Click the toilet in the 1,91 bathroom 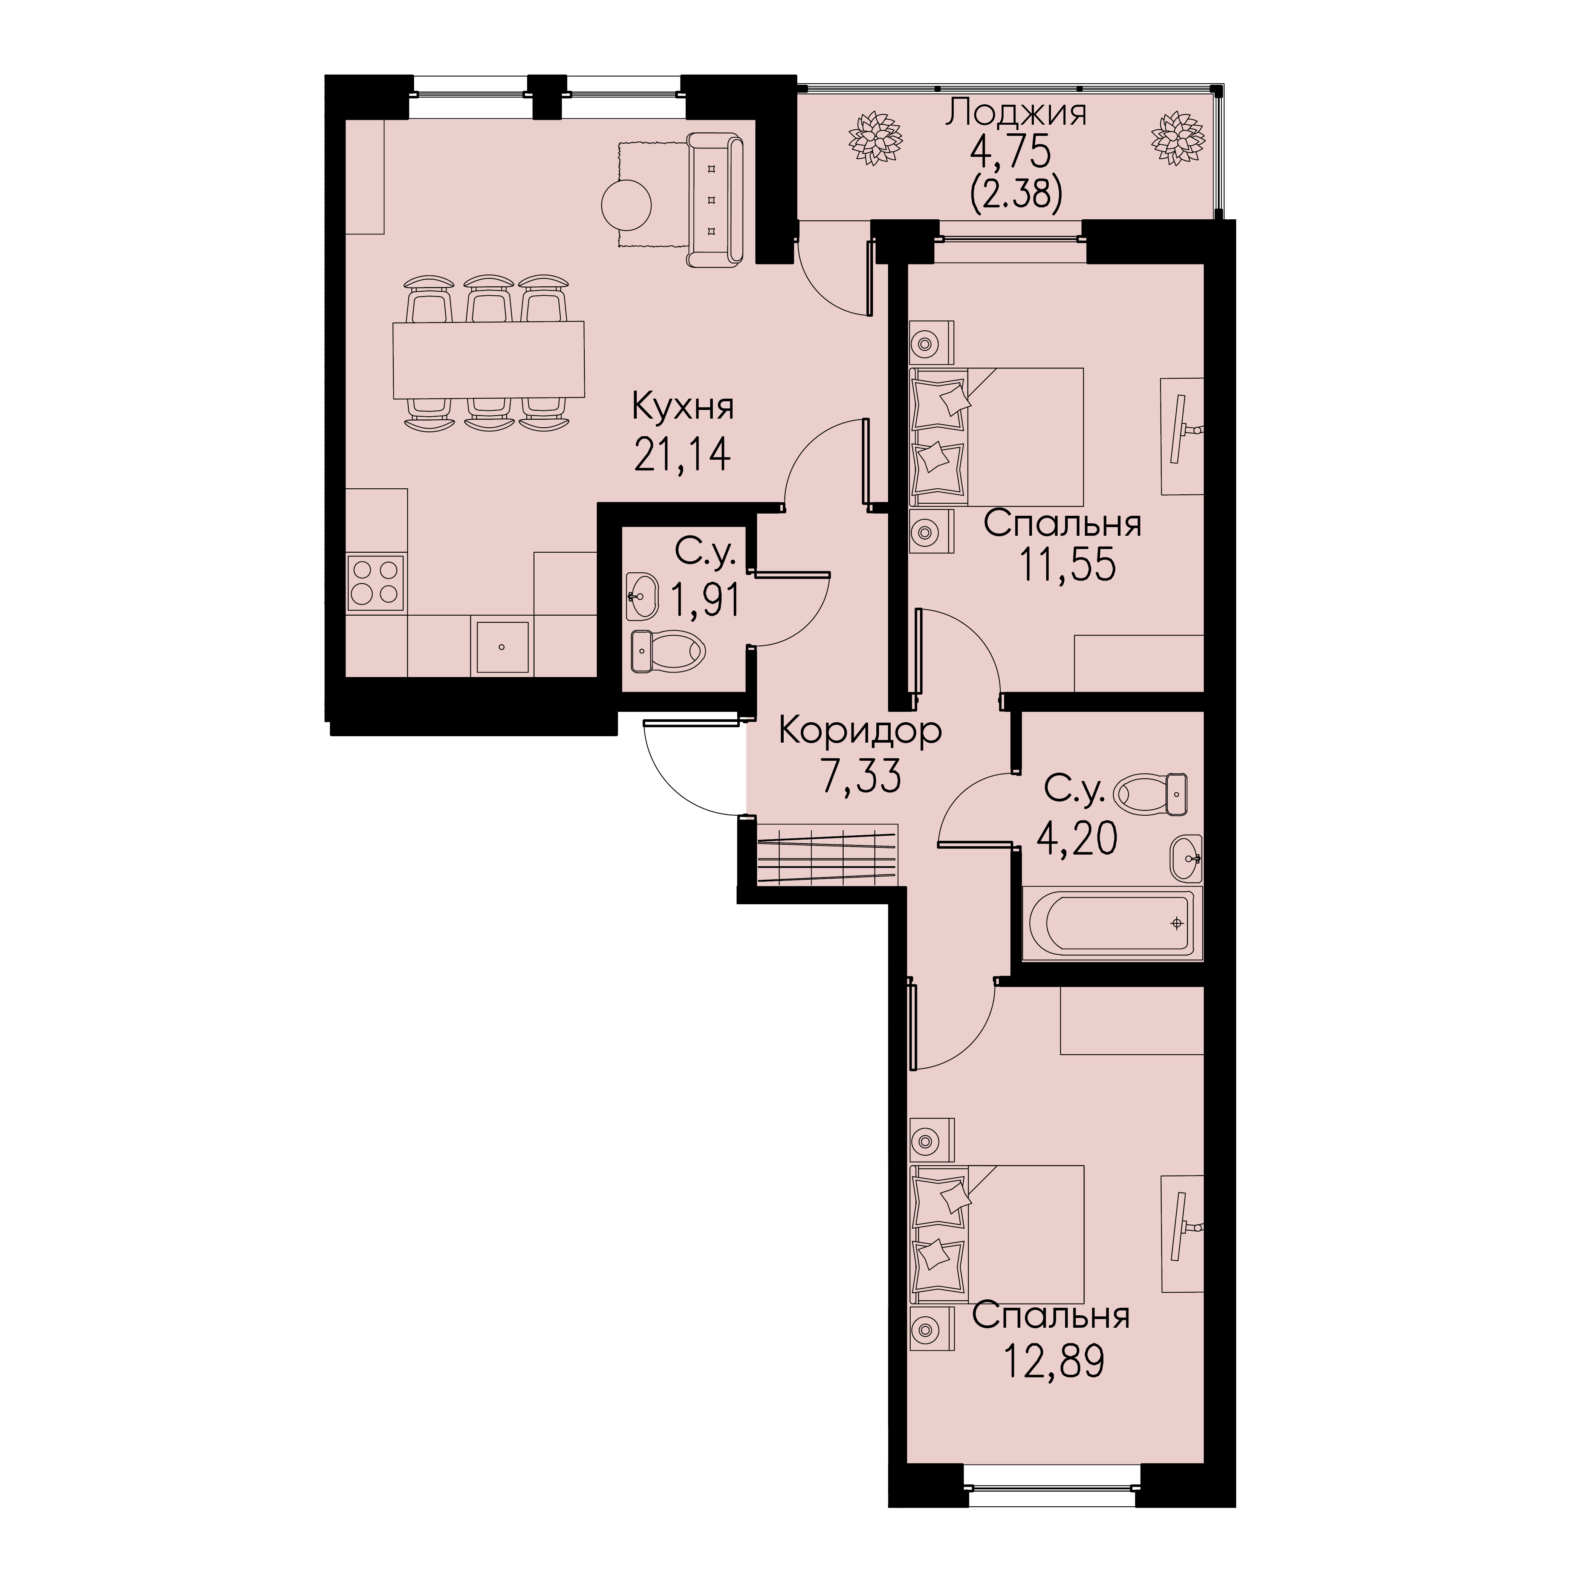(x=668, y=652)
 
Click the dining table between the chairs (x=488, y=360)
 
